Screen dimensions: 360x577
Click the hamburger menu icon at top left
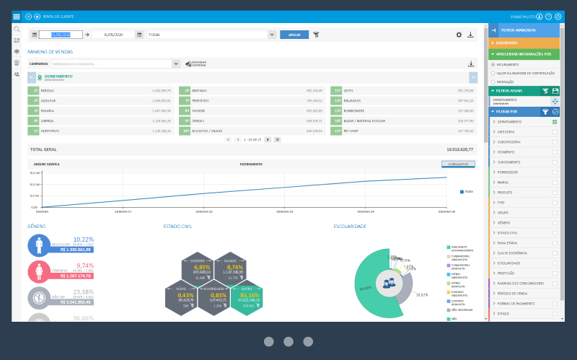(x=17, y=16)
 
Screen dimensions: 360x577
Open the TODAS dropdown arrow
(x=271, y=34)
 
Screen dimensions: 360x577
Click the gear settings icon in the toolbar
(x=459, y=34)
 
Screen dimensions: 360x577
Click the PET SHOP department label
(x=352, y=131)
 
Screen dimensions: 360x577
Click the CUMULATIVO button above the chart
(x=457, y=164)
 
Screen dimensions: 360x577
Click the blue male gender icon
(x=38, y=245)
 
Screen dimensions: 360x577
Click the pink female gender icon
(x=38, y=271)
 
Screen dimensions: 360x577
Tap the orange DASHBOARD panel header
(x=524, y=43)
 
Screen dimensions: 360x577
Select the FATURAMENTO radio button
(x=493, y=64)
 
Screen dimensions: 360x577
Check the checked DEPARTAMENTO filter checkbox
(x=555, y=122)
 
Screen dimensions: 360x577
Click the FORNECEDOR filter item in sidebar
(x=508, y=172)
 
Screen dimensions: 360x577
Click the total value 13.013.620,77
(x=460, y=149)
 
